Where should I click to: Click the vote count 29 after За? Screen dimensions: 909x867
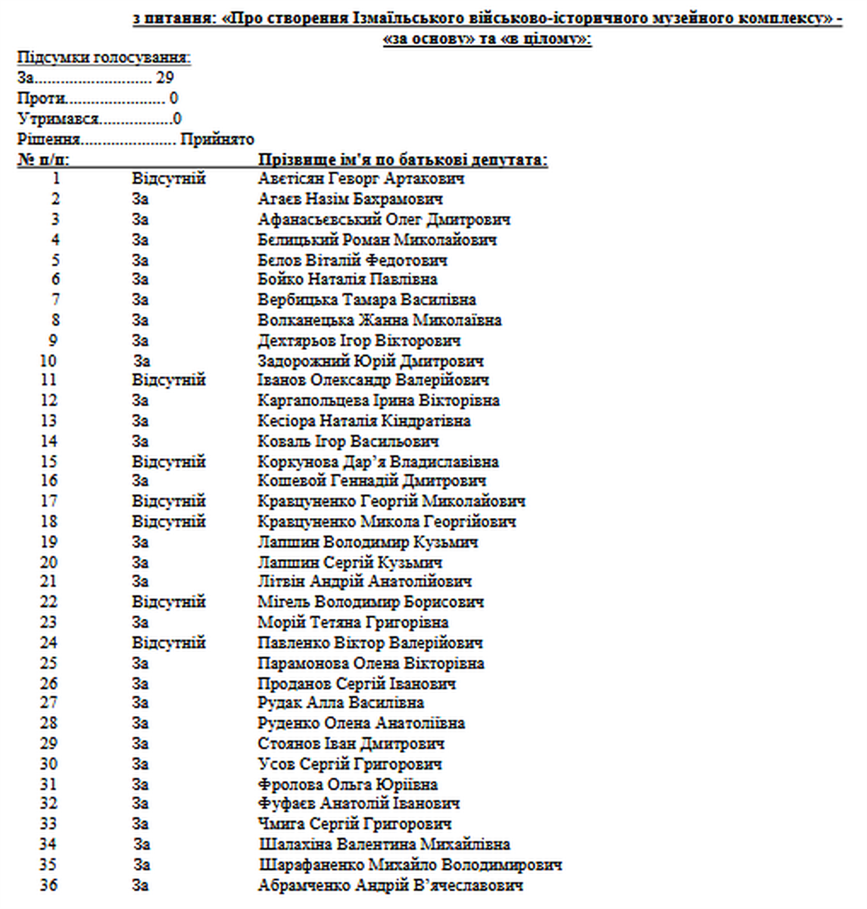(165, 77)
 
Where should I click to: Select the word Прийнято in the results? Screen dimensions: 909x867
(217, 139)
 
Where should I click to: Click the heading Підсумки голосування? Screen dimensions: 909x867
(104, 58)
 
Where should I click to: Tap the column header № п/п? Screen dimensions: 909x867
(43, 160)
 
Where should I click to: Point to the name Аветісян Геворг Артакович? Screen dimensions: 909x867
(361, 179)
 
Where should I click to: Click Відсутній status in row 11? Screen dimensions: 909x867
(169, 380)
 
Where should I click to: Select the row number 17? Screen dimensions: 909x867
(49, 501)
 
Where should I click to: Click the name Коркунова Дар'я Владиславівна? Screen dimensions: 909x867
(378, 461)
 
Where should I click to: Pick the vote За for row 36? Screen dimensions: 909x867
(140, 885)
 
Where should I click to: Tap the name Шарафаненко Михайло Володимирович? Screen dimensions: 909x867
(410, 864)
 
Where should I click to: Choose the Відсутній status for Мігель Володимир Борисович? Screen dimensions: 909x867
(169, 601)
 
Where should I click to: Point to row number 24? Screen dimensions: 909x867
(49, 642)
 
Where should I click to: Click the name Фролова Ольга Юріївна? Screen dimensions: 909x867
(348, 784)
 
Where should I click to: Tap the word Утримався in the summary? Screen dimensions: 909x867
(58, 119)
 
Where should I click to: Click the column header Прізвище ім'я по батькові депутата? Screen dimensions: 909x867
(403, 160)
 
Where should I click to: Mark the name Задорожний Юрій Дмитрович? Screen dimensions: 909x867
(370, 361)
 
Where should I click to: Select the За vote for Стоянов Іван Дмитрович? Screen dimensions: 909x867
(140, 743)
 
